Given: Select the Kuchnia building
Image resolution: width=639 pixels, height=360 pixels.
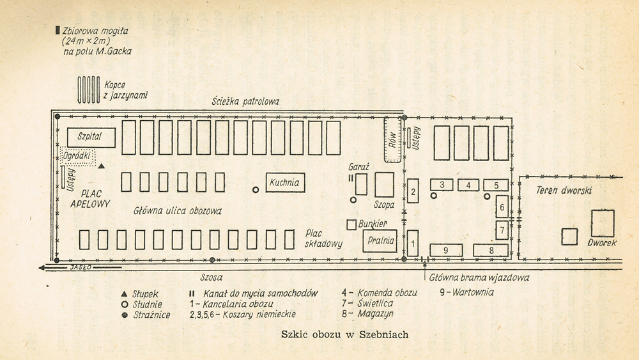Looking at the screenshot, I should pos(284,183).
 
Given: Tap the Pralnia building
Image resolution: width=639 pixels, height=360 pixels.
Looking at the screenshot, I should pos(380,241).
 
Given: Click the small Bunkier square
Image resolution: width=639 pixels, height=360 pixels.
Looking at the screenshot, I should pos(351,225).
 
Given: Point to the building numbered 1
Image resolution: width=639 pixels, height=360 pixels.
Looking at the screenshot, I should pos(413,243).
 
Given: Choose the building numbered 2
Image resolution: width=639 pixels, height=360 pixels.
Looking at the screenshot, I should pos(413,191).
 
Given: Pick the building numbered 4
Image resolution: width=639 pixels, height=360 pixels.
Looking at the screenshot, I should pos(468,185).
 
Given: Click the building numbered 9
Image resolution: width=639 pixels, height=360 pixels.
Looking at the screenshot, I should pos(446,250).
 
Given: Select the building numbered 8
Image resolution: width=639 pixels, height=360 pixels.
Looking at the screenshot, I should pos(491,250).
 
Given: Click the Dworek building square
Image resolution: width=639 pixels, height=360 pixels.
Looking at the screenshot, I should pos(602,223).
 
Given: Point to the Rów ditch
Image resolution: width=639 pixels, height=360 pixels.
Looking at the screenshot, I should pos(392,139).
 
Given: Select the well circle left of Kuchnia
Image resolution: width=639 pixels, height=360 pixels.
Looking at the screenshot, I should pos(255,189).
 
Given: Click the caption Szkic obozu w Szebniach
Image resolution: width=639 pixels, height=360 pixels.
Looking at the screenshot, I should pos(344,334).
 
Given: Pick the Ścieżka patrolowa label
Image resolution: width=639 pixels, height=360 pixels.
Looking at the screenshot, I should pos(245,102).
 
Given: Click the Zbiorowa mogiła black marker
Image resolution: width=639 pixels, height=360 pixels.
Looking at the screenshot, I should pos(58,29).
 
